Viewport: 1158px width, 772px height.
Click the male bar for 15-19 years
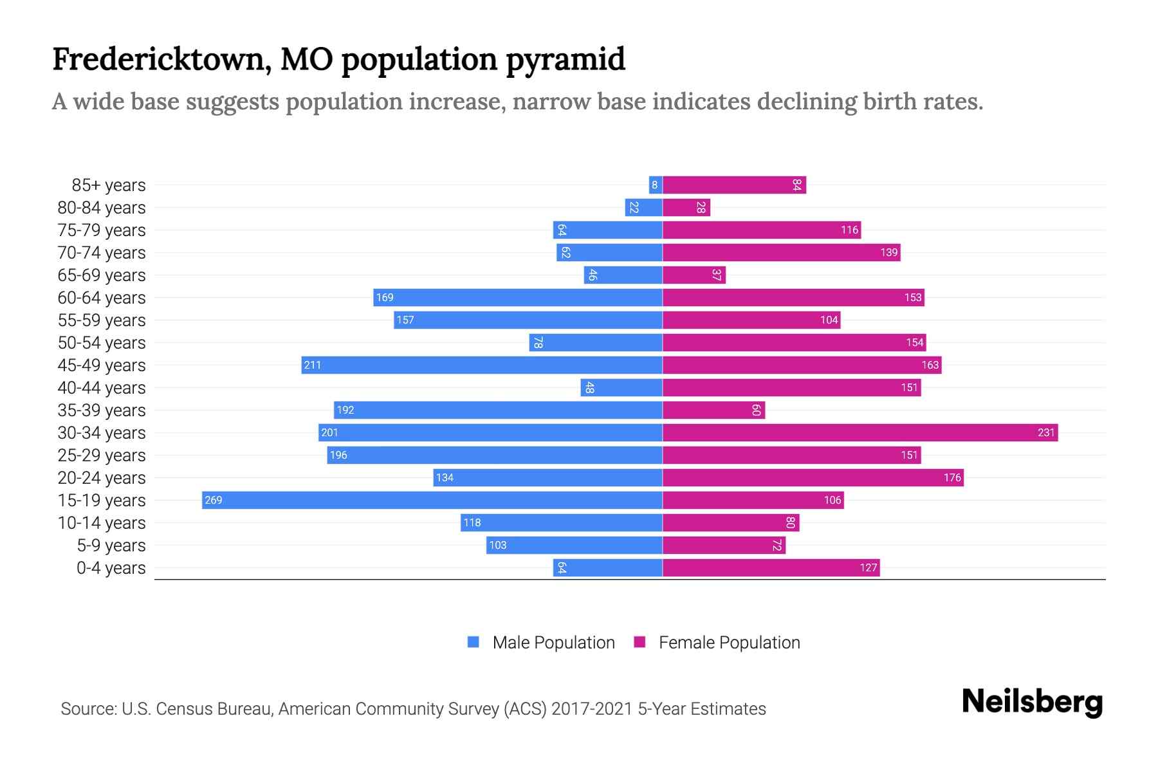[432, 501]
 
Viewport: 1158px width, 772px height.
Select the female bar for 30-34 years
[860, 433]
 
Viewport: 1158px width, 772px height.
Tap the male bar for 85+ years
[656, 185]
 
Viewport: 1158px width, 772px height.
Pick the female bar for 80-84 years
[686, 208]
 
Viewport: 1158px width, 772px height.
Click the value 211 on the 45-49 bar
[313, 365]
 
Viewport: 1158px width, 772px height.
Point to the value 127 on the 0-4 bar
[868, 568]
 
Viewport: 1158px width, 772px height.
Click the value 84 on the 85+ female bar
[796, 185]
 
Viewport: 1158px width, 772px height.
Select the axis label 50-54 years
[102, 343]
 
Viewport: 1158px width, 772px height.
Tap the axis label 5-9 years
[111, 546]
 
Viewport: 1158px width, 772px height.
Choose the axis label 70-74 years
[102, 253]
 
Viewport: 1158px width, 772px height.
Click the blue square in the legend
[473, 642]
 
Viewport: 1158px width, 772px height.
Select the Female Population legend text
[730, 643]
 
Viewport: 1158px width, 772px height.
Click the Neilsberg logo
[1032, 702]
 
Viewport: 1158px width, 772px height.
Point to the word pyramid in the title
[565, 60]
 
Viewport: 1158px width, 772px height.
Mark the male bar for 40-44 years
[621, 388]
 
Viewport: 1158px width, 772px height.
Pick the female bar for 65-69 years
[694, 275]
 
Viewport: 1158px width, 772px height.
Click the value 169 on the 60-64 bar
[385, 298]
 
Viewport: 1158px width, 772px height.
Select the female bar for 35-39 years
[713, 410]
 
